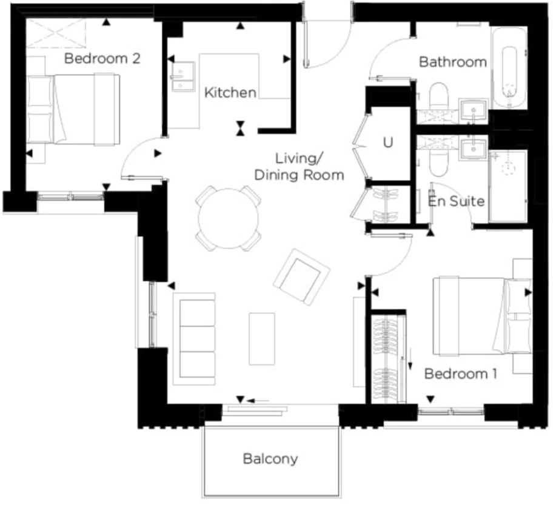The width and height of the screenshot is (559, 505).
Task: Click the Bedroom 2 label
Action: click(102, 58)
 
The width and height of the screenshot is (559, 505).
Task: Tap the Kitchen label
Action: click(230, 93)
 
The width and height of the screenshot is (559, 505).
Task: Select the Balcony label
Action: click(270, 459)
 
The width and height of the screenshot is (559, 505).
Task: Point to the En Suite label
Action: click(457, 201)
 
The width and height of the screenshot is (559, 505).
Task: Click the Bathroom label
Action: click(453, 62)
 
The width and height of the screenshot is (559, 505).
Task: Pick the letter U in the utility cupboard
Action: click(388, 142)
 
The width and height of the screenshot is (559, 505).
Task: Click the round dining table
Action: click(229, 218)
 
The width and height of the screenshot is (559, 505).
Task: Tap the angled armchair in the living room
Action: click(301, 276)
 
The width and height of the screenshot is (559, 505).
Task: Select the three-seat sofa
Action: click(194, 339)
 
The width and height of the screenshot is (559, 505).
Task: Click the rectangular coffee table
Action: click(262, 339)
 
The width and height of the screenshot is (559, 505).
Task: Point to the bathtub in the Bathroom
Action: click(509, 68)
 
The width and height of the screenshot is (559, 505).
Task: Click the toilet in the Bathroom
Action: click(438, 96)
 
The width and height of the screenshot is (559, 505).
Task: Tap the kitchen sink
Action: click(183, 76)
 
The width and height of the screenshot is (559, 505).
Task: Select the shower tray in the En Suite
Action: click(508, 186)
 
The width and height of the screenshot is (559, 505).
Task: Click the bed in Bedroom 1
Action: click(483, 316)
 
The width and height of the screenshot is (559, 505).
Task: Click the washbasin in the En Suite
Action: click(473, 149)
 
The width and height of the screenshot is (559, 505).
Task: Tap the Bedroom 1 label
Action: click(461, 374)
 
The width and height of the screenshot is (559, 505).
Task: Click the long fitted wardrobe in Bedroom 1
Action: click(389, 359)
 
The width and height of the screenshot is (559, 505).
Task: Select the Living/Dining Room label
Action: click(299, 167)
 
